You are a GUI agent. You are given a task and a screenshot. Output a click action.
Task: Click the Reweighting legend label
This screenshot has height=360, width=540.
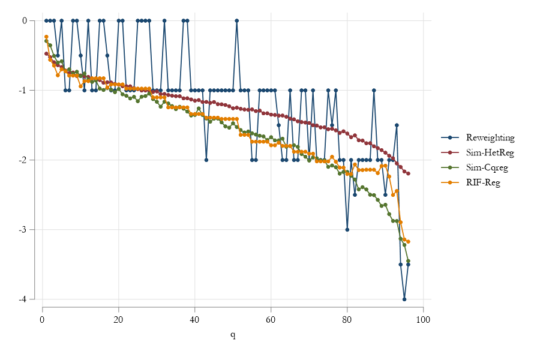point(490,137)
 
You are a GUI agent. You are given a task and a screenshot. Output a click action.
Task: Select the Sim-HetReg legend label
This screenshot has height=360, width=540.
point(490,152)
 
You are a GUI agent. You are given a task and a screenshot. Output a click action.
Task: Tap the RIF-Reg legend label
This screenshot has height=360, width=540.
point(483,182)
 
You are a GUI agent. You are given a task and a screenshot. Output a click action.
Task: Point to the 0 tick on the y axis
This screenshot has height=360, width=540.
point(25,20)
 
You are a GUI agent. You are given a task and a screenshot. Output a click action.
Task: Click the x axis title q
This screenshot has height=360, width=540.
point(233,334)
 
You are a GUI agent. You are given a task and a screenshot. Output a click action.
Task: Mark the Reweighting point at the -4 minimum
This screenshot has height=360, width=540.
point(404,299)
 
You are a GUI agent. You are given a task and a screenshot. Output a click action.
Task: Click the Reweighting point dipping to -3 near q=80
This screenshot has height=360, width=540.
point(347,229)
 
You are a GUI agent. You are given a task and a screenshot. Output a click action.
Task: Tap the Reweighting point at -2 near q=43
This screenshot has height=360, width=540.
point(206,160)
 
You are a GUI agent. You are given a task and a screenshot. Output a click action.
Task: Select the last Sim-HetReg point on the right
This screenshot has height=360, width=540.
point(408,173)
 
